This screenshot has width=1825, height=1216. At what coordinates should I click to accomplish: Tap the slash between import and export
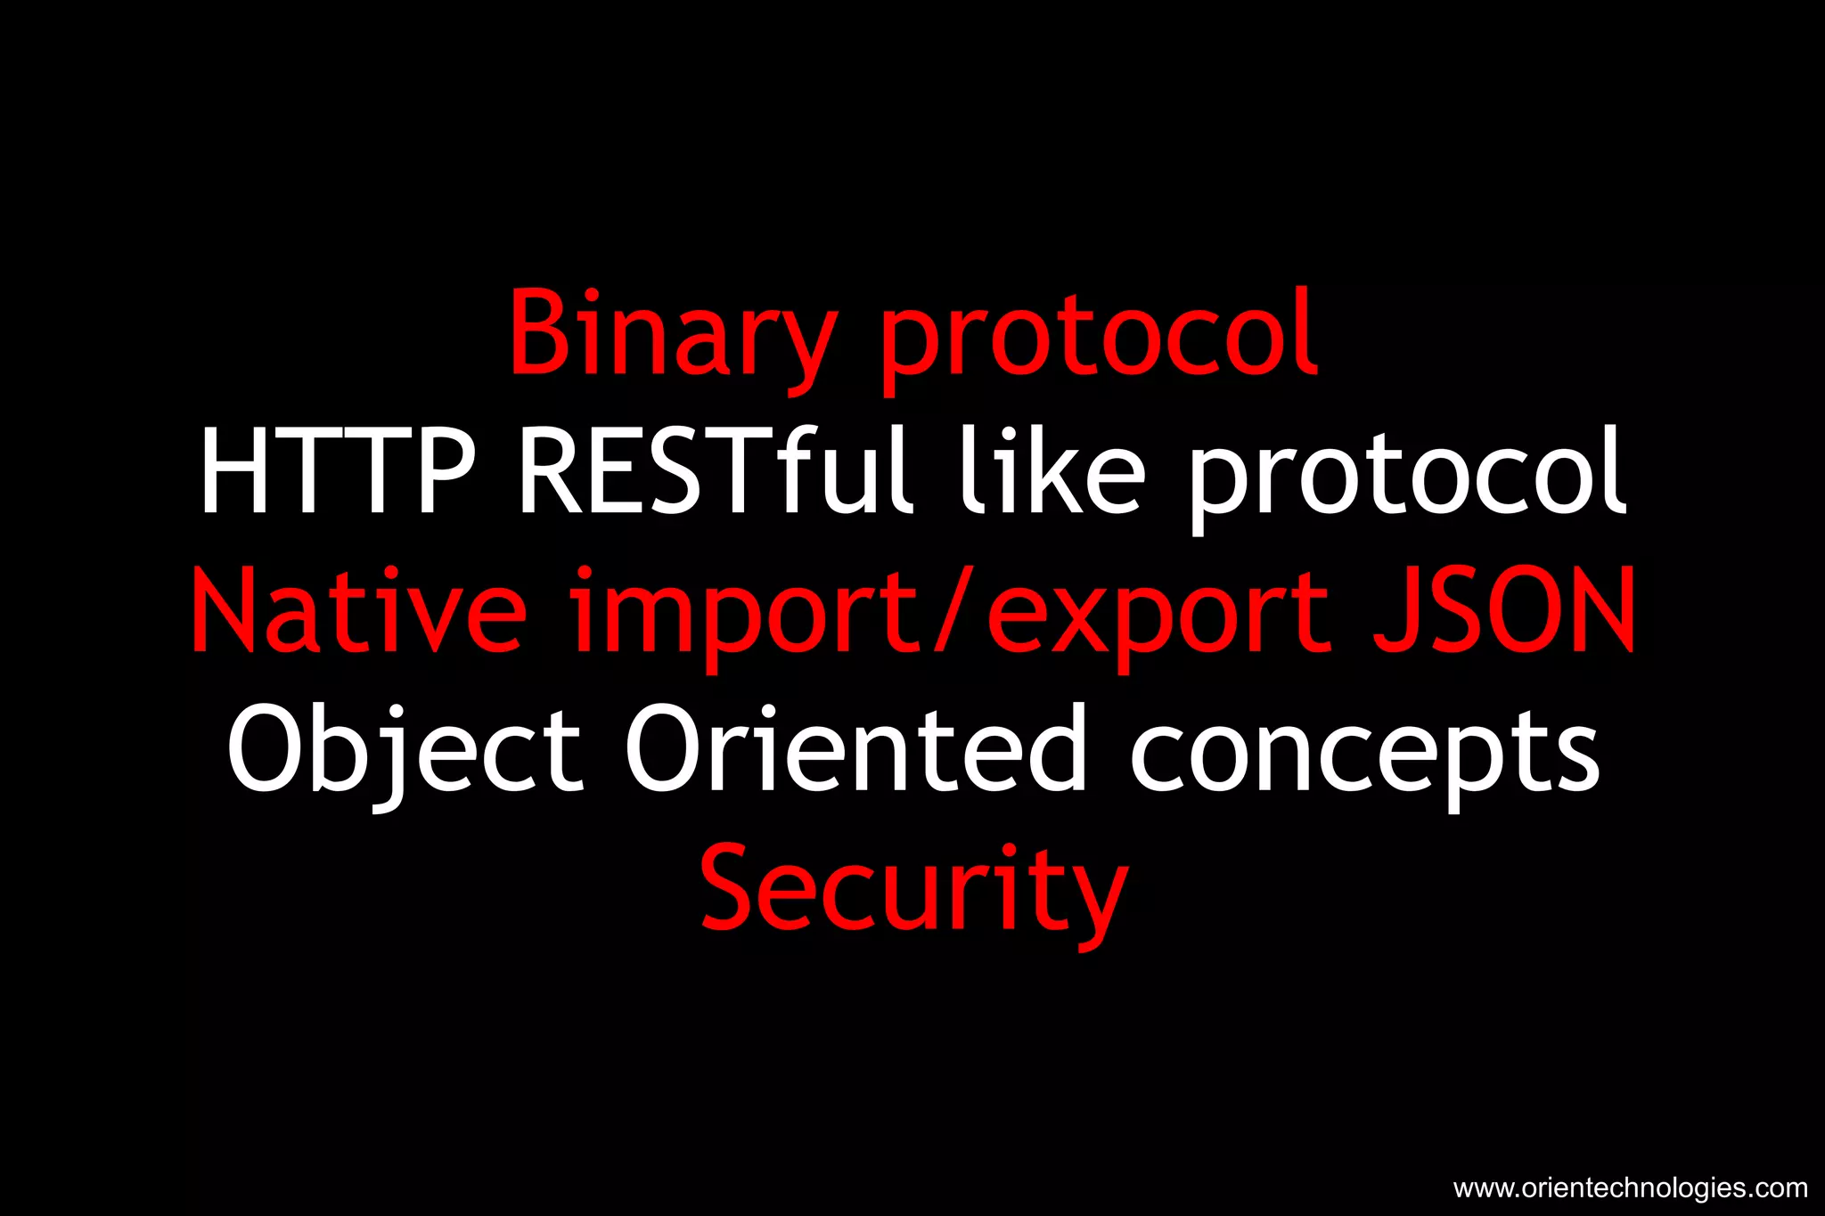(x=952, y=610)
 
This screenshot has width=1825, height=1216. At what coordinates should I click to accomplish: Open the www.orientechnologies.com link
(x=1630, y=1188)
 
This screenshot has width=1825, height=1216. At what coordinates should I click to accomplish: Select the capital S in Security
(x=732, y=887)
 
